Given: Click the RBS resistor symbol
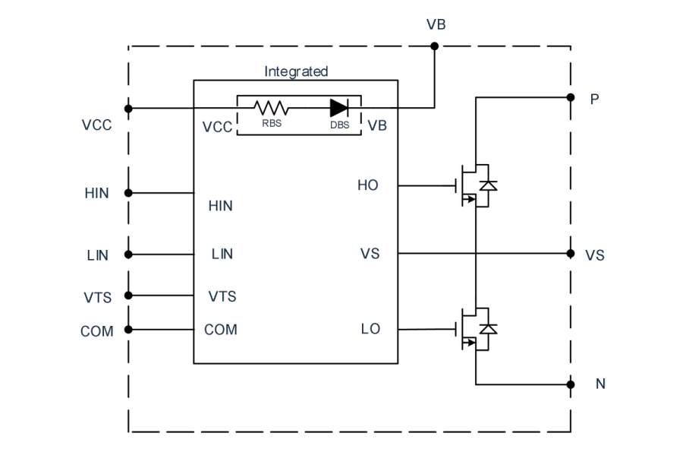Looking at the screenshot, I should [x=270, y=108].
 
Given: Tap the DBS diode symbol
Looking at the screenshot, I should [x=338, y=108].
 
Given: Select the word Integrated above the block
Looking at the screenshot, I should [x=296, y=71].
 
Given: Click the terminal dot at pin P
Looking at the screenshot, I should [x=570, y=97].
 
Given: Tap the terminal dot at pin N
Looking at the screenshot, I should [x=570, y=384].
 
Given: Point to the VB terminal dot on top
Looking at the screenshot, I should [x=435, y=46].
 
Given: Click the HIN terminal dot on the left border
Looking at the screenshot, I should [x=128, y=193].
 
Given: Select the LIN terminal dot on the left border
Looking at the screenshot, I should [x=128, y=254].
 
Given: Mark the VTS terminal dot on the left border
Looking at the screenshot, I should [x=128, y=295].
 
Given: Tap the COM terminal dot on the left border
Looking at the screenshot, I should [x=128, y=329].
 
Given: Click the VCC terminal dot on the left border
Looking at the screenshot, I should [x=128, y=108].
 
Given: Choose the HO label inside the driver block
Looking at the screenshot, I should [x=368, y=185].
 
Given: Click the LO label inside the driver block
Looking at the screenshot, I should [x=370, y=329].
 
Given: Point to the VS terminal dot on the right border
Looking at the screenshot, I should [x=570, y=253].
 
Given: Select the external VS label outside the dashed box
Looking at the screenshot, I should [x=595, y=255].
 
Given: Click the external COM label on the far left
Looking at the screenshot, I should [x=96, y=332].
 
